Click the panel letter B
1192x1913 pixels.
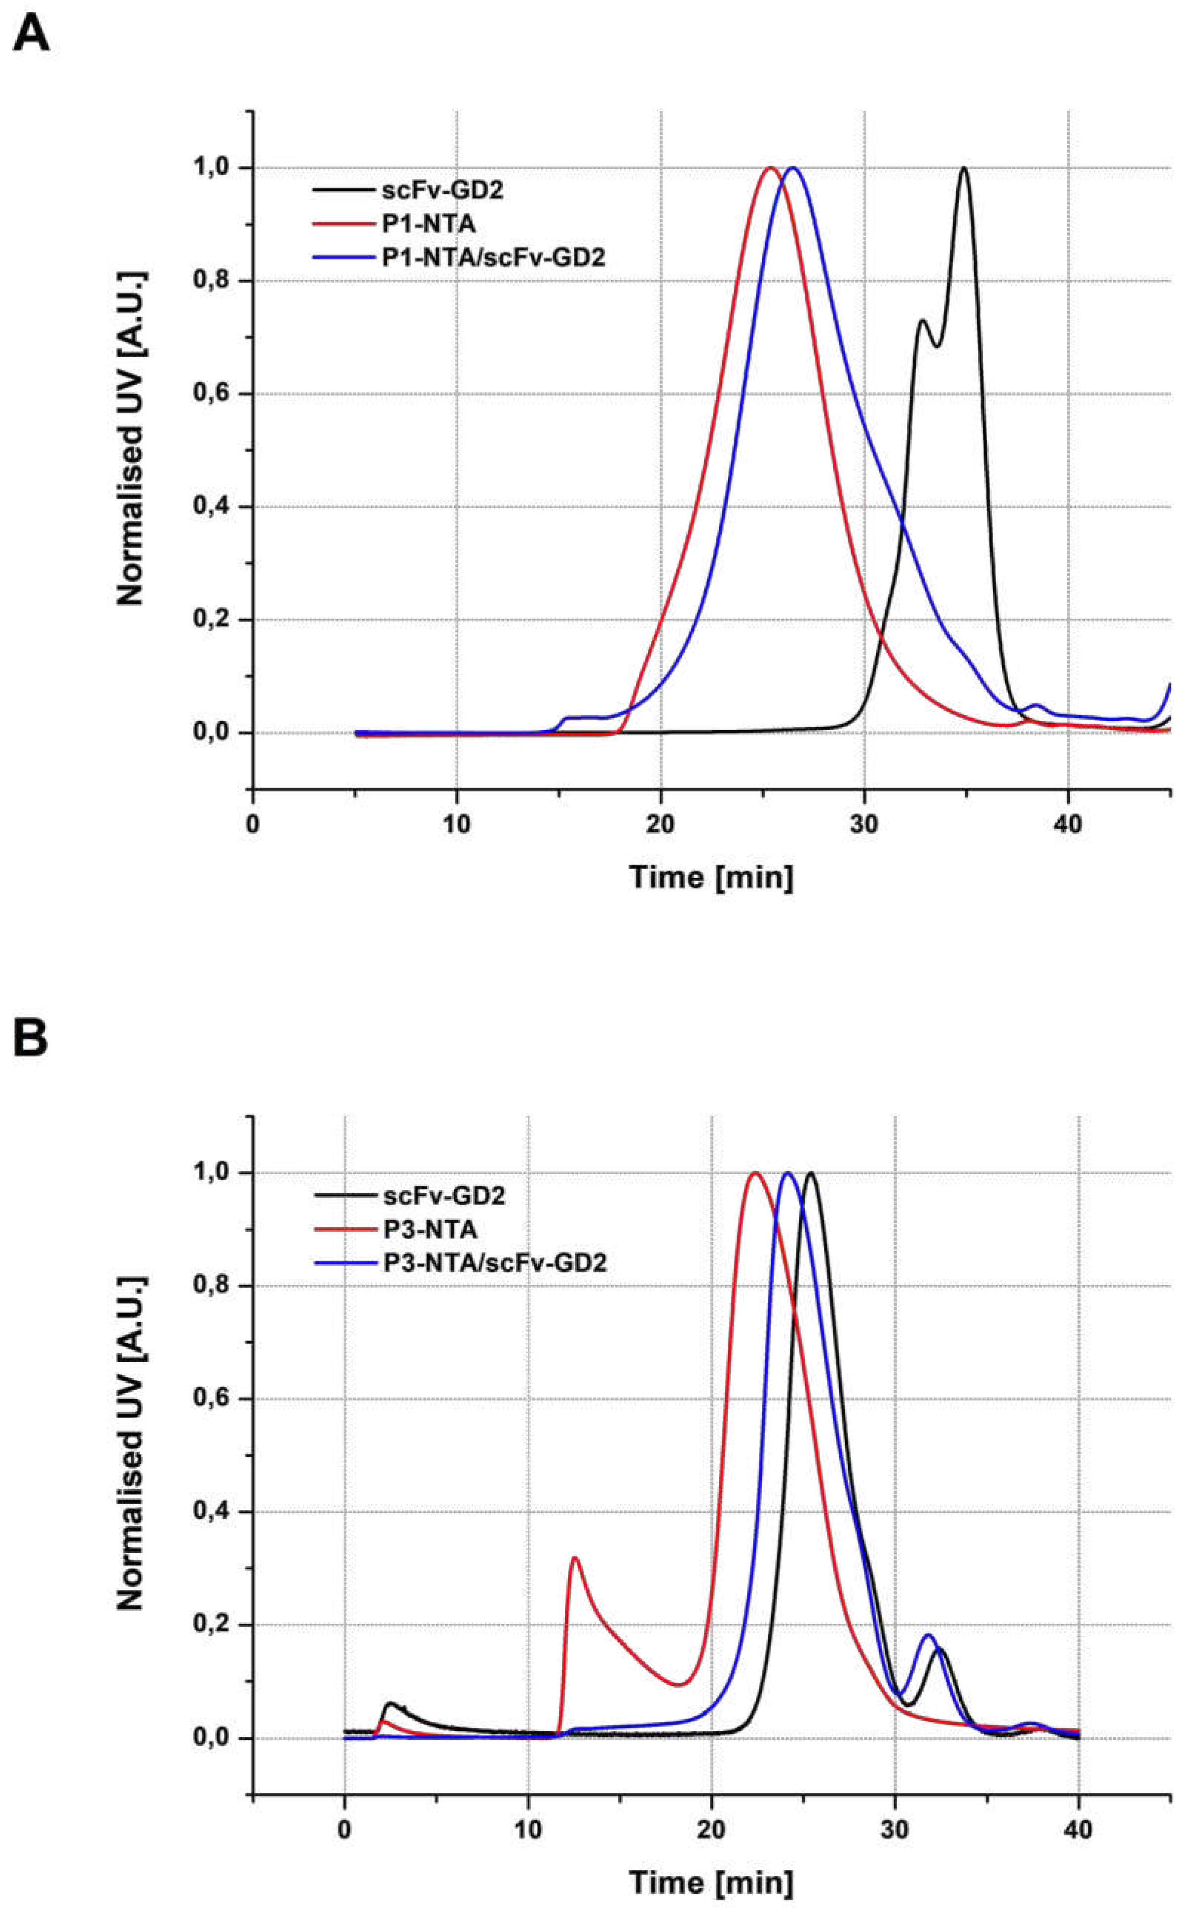31,1040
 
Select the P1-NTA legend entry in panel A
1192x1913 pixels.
428,224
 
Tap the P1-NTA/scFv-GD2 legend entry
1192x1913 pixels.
493,257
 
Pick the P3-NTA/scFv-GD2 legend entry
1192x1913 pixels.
494,1263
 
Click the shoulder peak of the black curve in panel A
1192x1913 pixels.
921,320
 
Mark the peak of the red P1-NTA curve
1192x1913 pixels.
770,168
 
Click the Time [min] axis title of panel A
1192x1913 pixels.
710,877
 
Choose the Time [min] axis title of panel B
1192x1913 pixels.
710,1882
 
